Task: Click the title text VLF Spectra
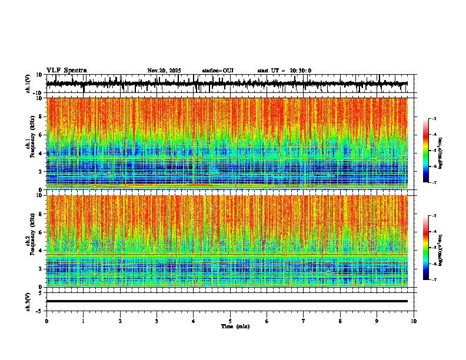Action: pos(66,71)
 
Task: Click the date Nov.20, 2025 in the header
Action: pos(164,71)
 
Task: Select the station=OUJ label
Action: pos(218,71)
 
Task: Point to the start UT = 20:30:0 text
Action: pos(284,71)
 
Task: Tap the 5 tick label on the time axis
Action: pos(230,321)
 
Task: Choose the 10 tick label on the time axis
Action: pos(414,321)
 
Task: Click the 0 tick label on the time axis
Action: pos(46,321)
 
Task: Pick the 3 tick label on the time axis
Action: pos(157,321)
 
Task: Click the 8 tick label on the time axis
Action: pos(340,321)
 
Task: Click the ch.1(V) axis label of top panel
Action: pos(28,84)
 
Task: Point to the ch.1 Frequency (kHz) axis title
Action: pos(30,144)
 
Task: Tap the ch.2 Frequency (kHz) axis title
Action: pos(30,241)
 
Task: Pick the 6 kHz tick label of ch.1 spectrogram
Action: pos(40,135)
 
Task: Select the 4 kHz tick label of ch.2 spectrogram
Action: pos(40,251)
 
